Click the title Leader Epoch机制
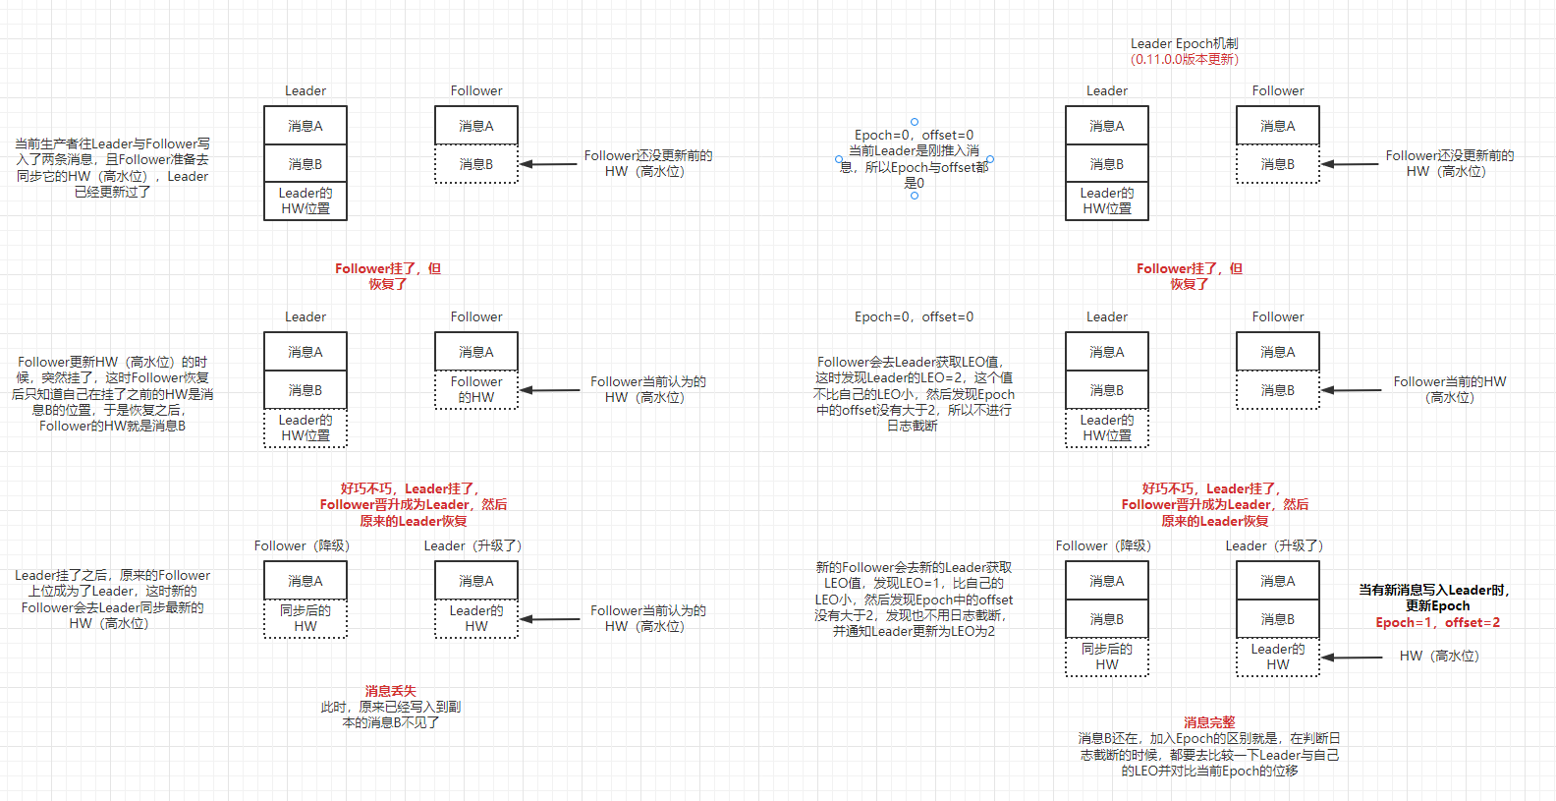(x=1184, y=43)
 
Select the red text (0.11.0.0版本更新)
(x=1184, y=59)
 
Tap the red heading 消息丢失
(x=390, y=691)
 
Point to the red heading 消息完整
(x=1208, y=722)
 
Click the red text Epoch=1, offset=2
(x=1437, y=622)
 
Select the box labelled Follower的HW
(x=476, y=389)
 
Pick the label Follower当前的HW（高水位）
(x=1449, y=389)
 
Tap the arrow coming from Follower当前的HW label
(x=1352, y=390)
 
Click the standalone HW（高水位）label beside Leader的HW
(x=1438, y=656)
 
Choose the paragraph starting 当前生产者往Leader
(x=112, y=168)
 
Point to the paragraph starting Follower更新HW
(x=112, y=393)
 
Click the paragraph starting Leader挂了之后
(x=112, y=599)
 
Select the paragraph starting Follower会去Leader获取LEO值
(x=914, y=393)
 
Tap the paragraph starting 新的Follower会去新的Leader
(x=914, y=599)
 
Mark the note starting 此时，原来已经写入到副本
(x=390, y=715)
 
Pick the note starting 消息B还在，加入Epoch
(x=1209, y=755)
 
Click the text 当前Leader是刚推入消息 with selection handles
(x=914, y=159)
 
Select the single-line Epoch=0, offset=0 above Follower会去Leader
(x=914, y=316)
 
